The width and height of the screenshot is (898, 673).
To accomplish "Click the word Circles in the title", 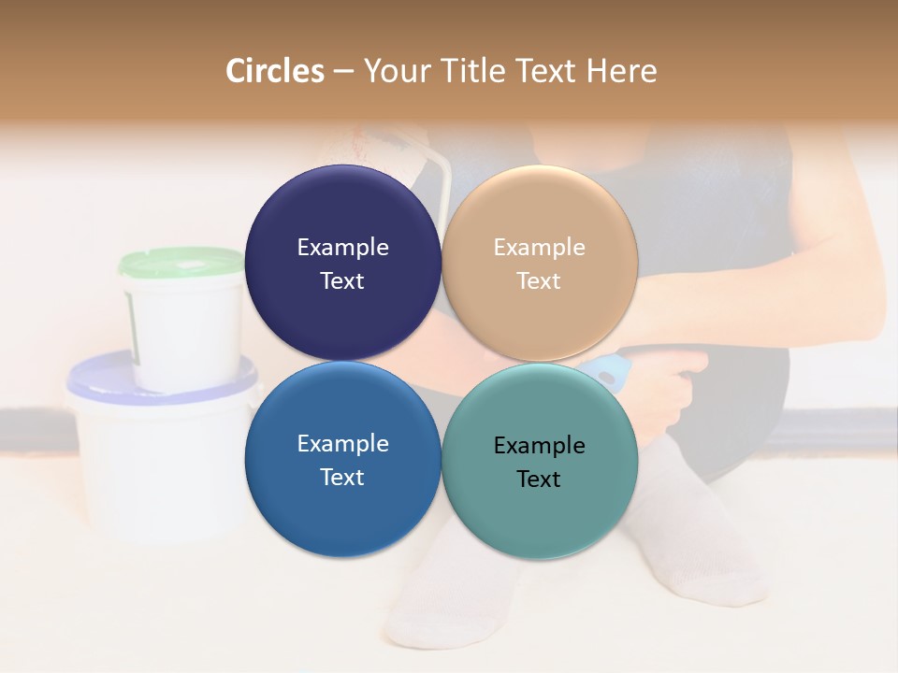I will tap(275, 71).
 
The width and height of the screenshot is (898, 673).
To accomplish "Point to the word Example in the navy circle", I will tap(342, 248).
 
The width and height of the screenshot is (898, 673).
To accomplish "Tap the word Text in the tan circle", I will tap(539, 281).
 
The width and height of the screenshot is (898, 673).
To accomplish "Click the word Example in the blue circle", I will tap(342, 444).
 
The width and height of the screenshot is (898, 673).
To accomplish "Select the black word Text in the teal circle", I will tap(539, 480).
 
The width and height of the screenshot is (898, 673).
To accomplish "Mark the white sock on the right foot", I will tap(692, 523).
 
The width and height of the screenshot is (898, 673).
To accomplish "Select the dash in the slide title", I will tap(343, 72).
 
